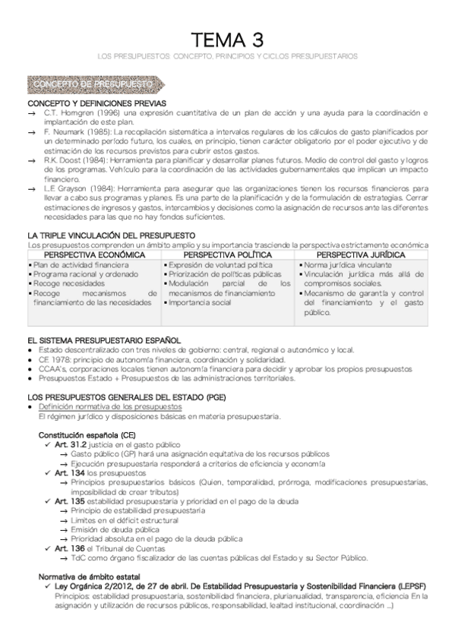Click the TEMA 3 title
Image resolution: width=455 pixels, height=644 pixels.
coord(227,39)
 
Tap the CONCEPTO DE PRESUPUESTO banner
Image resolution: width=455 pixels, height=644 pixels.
coord(93,84)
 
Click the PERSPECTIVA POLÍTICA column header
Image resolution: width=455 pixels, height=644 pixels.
coord(227,255)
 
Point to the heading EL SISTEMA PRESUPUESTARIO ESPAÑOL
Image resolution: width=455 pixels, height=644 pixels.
coord(104,339)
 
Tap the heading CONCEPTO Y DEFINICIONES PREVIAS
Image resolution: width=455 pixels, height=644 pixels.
coord(96,103)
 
